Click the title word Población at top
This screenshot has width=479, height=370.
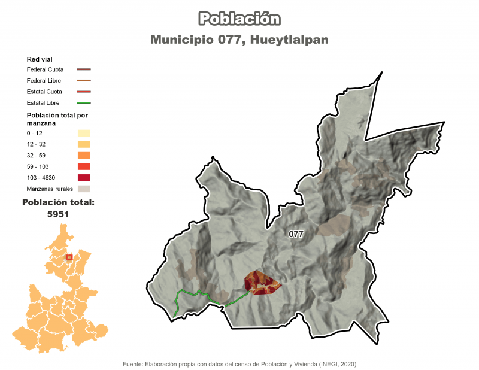coord(239,19)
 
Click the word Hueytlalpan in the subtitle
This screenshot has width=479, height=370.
coord(290,40)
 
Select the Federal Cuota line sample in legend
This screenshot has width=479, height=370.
coord(83,69)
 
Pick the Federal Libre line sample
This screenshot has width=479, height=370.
coord(83,80)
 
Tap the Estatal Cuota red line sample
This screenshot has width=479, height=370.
coord(83,92)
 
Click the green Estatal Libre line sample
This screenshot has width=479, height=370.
coord(83,103)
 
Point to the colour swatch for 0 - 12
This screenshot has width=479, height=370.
coord(83,133)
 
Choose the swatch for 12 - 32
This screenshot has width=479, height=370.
coord(83,144)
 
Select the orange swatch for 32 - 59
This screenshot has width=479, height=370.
coord(83,156)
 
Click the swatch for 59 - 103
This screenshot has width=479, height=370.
coord(83,167)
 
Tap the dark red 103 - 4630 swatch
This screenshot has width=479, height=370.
coord(83,178)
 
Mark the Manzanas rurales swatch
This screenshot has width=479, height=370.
coord(83,189)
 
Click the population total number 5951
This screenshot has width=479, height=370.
coord(58,214)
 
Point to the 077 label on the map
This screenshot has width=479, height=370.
coord(296,233)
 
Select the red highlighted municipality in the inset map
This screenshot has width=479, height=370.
coord(69,257)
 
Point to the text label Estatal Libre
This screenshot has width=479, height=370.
coord(43,103)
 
